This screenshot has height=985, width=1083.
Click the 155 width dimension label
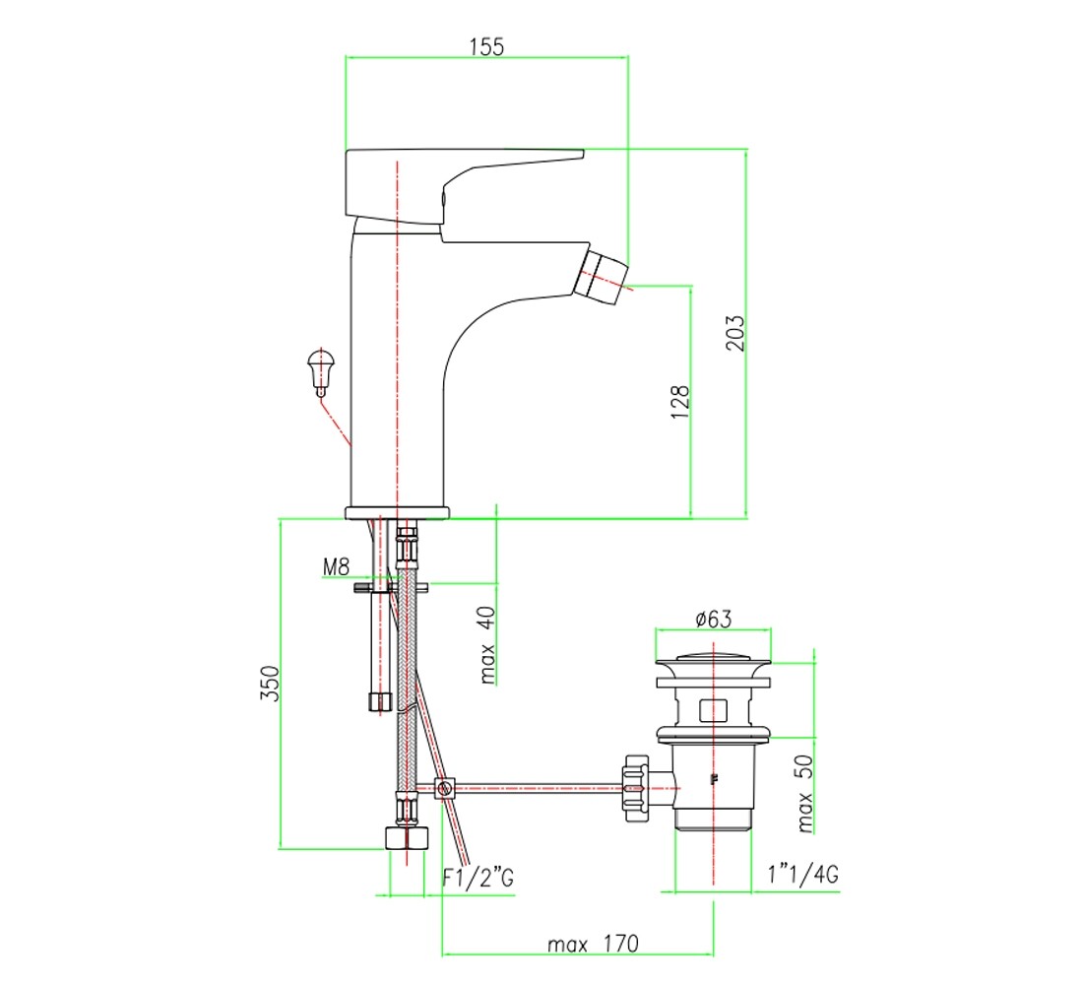coord(486,47)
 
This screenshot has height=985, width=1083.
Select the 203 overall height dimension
coord(736,333)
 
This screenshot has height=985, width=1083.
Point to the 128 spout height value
coord(680,402)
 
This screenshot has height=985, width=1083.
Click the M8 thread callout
coord(337,567)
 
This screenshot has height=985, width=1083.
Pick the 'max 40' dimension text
coord(487,645)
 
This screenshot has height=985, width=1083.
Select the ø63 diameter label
coord(713,619)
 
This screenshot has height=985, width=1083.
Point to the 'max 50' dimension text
coord(804,793)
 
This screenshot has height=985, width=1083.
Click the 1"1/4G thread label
coord(803,875)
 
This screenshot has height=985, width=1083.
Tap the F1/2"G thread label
coord(478,878)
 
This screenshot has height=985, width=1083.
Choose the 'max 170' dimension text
coord(594,944)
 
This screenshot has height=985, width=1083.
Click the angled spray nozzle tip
coord(603,272)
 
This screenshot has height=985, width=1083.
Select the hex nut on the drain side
coord(636,787)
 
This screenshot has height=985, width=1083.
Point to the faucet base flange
coord(397,512)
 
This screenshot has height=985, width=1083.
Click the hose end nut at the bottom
coord(406,837)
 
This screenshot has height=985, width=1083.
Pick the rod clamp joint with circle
coord(445,788)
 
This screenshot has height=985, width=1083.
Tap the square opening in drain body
coord(713,711)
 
